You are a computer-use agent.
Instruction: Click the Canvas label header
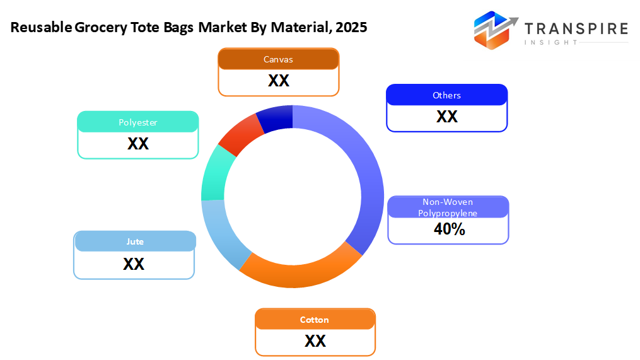[278, 60]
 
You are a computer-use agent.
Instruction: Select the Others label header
[446, 95]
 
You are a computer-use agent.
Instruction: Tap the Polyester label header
[138, 122]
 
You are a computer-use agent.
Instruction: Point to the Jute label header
[135, 241]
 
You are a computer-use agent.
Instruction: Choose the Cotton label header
[315, 320]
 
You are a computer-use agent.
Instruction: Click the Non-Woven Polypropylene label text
[448, 207]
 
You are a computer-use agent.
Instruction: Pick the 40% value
[449, 229]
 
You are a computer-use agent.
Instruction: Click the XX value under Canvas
[278, 81]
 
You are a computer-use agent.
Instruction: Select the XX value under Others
[446, 117]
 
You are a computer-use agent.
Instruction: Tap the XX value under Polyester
[138, 144]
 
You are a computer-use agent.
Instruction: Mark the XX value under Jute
[134, 264]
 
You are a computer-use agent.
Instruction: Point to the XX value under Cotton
[315, 341]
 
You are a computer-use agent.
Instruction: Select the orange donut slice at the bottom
[300, 270]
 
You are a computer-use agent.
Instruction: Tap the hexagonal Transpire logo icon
[494, 30]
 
